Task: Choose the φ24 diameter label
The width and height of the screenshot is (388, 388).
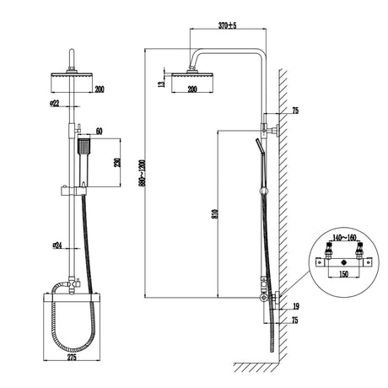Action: pos(57,245)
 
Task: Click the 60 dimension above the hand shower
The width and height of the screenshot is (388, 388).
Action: pos(100,130)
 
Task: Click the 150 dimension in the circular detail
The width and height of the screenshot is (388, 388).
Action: pos(342,274)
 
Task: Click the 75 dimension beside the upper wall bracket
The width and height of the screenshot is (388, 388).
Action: pos(295,110)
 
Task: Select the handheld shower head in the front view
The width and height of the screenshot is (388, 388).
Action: pos(83,149)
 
